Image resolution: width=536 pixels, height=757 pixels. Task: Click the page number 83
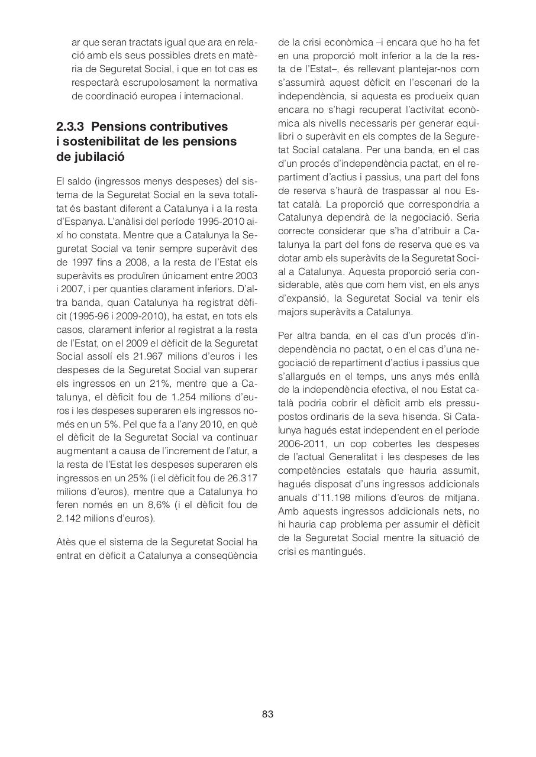(267, 714)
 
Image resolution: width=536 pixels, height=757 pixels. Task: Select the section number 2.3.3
(71, 127)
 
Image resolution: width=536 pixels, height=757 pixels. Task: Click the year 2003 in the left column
(246, 275)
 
